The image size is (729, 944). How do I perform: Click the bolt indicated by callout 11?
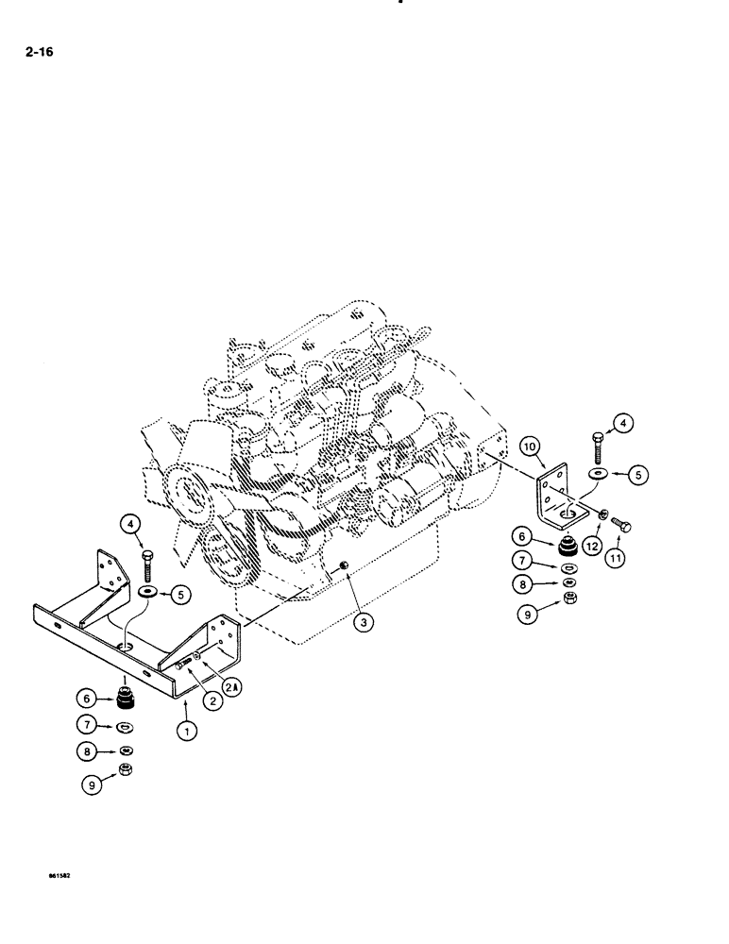click(622, 525)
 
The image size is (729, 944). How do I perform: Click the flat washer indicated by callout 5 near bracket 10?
click(598, 473)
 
